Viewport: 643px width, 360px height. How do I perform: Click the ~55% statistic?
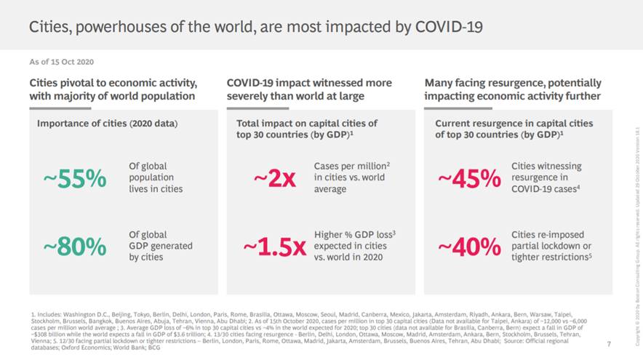(x=76, y=177)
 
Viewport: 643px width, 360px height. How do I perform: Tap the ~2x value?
(x=274, y=177)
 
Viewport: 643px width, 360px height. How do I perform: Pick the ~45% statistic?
(x=469, y=177)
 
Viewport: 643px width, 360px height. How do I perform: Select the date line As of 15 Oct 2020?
(x=62, y=62)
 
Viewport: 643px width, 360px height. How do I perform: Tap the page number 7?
(x=608, y=342)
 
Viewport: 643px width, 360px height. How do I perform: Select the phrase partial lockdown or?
(x=551, y=246)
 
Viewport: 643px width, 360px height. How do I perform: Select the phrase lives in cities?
(x=156, y=189)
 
